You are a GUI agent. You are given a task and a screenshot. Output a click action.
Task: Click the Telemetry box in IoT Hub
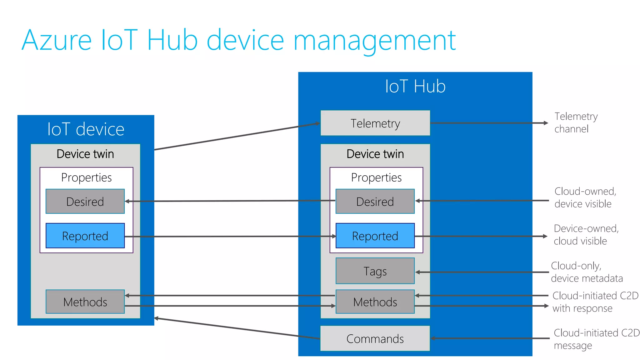pos(375,123)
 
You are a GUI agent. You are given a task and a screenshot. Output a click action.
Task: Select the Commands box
pos(375,338)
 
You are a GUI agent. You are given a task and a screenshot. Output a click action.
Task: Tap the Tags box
pos(375,271)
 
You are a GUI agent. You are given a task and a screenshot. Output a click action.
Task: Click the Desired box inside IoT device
pos(85,202)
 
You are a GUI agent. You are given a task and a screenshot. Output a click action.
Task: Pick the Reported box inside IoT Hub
pos(375,236)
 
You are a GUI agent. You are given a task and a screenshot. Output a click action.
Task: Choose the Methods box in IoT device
pos(85,302)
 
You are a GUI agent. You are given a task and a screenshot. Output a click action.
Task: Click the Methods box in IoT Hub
pos(375,302)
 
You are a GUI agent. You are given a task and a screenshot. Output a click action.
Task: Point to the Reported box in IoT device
pos(85,236)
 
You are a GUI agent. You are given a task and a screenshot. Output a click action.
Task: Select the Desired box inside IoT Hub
pos(375,202)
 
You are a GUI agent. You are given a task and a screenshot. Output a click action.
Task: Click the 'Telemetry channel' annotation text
pos(576,122)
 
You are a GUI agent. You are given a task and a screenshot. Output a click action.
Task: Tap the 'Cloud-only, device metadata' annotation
pos(586,272)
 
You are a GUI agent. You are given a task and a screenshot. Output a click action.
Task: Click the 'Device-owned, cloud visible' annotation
pos(586,235)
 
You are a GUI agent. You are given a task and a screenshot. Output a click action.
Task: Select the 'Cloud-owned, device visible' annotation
pos(585,197)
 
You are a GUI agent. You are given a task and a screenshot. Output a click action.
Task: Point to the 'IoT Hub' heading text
pos(415,86)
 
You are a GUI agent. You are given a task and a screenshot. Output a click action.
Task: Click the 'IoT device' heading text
pos(86,129)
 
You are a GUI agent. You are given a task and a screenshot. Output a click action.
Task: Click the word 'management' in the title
pos(374,41)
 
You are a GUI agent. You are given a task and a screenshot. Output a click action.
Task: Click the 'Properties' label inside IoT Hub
pos(376,177)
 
